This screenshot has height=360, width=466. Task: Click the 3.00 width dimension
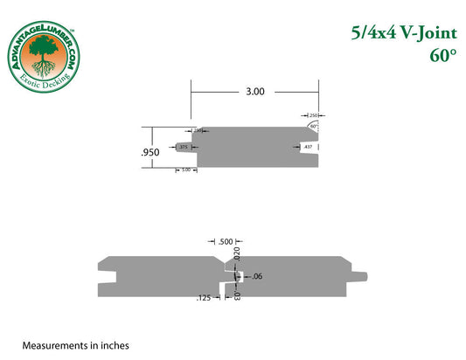[255, 91]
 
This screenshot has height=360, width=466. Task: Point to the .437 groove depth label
[308, 148]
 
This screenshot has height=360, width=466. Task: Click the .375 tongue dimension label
[184, 148]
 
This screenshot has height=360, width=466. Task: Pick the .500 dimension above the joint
[226, 241]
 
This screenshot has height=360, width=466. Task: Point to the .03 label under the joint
[237, 295]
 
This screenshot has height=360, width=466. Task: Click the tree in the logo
[42, 58]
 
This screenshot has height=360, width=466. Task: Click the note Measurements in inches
[75, 345]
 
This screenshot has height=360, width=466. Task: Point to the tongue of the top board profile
[183, 148]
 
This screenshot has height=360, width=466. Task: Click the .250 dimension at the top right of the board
[314, 114]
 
